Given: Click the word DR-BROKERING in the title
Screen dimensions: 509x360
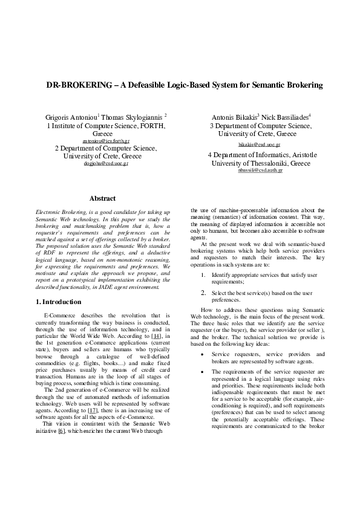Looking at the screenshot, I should [77, 85].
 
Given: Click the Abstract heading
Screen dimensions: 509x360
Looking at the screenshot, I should [102, 198].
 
